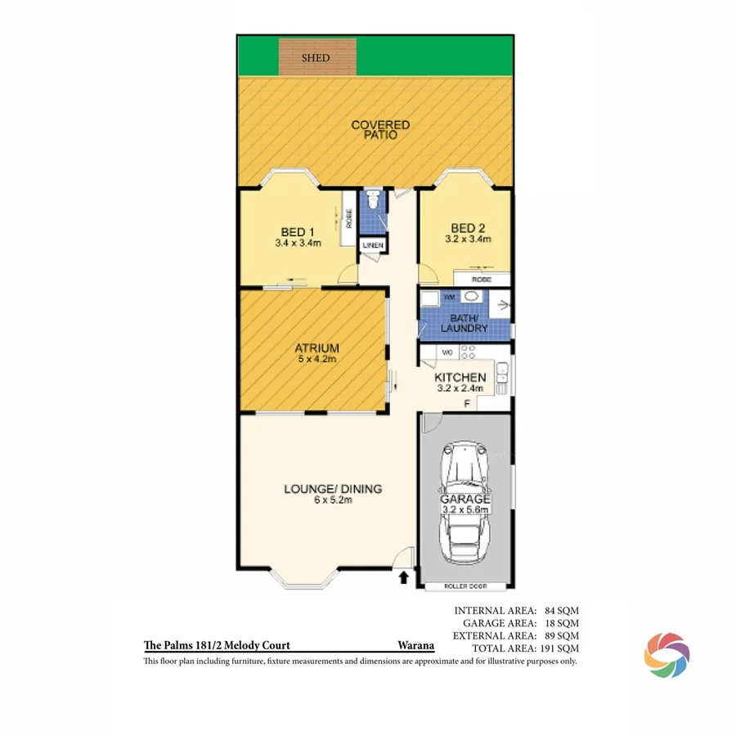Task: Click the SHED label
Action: [316, 58]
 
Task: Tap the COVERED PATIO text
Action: [380, 130]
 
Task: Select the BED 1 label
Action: [298, 231]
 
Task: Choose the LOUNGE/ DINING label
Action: [333, 489]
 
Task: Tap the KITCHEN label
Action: [460, 377]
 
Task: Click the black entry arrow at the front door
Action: [402, 579]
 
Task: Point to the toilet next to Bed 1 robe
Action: [372, 199]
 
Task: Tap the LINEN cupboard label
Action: [371, 245]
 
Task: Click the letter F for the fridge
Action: [467, 402]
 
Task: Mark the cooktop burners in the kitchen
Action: [469, 352]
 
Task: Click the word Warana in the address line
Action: [415, 645]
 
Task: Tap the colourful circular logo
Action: [666, 655]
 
